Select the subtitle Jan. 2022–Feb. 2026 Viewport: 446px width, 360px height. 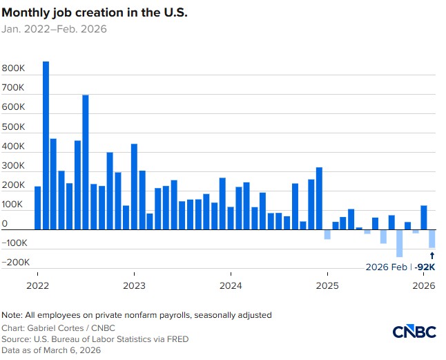coord(55,29)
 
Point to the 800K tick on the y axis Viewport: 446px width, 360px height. coord(14,70)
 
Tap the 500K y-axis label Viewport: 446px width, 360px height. coord(14,128)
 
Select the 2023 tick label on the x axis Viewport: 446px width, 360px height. coord(134,285)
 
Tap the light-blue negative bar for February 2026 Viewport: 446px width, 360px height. coord(432,238)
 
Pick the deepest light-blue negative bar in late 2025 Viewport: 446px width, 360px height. coord(400,243)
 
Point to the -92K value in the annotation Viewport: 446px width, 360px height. coord(426,267)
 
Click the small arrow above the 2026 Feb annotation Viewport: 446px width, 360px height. coord(432,256)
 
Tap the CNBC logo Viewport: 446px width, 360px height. coord(414,332)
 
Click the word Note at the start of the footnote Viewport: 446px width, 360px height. coord(11,315)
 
